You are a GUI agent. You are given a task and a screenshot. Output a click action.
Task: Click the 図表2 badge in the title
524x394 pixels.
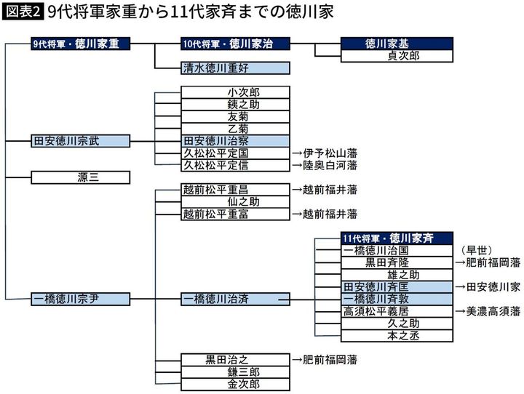point(24,12)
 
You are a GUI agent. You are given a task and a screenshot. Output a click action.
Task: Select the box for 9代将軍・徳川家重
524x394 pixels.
point(81,44)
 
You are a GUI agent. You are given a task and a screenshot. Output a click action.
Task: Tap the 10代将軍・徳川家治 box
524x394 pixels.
point(235,44)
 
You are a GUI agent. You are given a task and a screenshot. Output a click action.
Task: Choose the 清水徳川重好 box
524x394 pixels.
point(235,68)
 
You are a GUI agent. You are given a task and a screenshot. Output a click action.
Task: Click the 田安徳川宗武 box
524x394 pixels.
point(81,140)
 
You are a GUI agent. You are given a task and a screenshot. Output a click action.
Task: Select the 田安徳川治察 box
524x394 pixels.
point(235,140)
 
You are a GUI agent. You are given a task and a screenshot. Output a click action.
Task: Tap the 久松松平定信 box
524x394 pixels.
point(235,165)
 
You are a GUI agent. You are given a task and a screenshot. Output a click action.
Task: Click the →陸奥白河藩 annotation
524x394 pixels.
point(325,165)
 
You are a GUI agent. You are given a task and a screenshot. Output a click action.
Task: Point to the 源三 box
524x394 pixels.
point(81,177)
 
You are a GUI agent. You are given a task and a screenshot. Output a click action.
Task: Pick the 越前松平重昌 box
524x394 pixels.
point(235,190)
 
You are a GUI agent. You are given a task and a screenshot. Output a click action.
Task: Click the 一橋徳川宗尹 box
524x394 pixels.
point(81,298)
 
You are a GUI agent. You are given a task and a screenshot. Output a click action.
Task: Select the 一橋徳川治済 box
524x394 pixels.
point(235,298)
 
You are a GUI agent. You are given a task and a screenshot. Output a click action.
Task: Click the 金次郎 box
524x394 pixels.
point(235,384)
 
